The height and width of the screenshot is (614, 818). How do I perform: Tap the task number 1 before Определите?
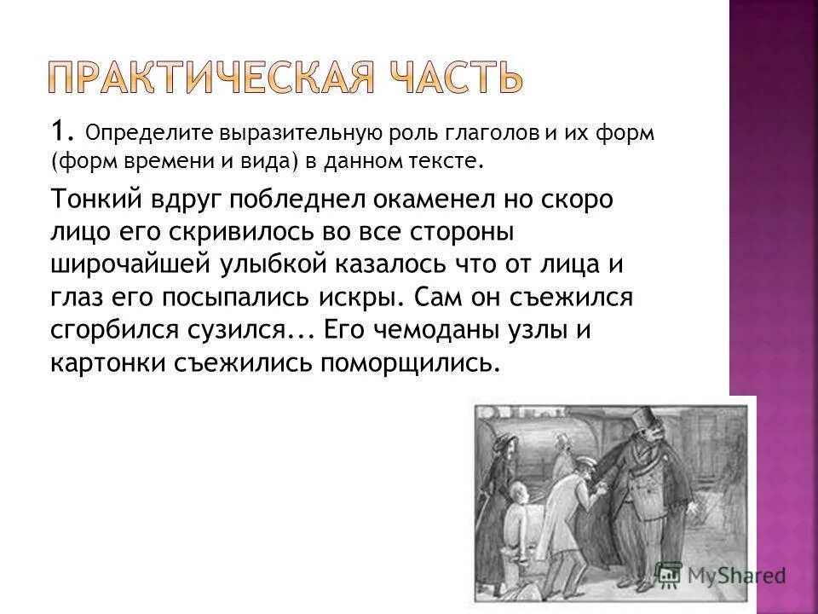[58, 132]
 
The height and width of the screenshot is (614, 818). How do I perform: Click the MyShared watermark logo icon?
[669, 573]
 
